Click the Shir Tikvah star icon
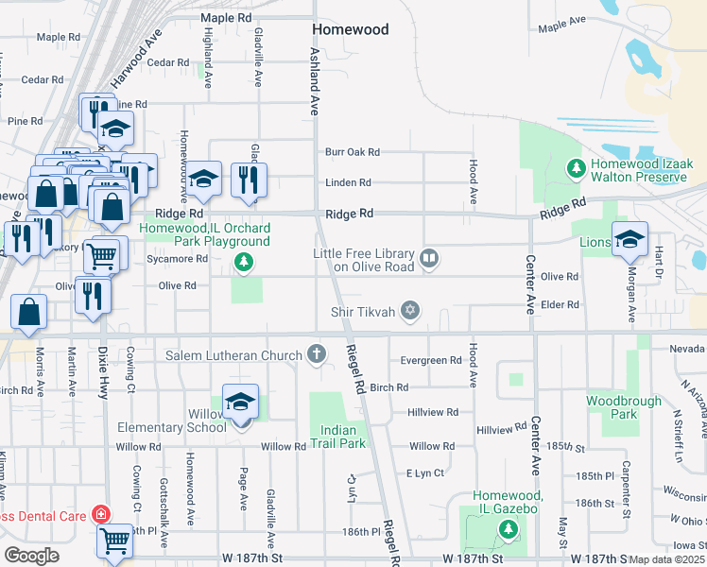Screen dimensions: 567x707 coord(409,310)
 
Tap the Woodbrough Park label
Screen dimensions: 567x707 coord(623,407)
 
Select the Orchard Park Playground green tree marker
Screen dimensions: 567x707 coord(244,262)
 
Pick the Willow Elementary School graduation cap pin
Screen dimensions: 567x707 coord(241,402)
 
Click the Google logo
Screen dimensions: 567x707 coord(31,555)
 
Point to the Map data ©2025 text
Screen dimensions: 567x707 coord(666,559)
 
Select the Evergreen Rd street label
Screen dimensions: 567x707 coord(431,360)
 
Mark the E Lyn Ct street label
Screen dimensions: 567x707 coord(424,472)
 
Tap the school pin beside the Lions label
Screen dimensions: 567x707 coord(629,239)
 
